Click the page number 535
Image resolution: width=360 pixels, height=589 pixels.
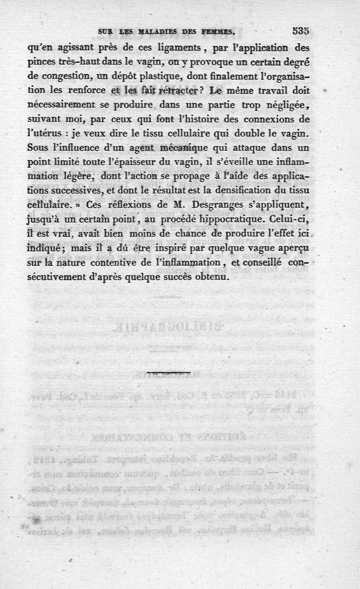click(299, 31)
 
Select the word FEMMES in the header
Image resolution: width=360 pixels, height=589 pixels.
click(217, 32)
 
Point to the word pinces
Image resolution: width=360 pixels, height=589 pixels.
click(40, 62)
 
